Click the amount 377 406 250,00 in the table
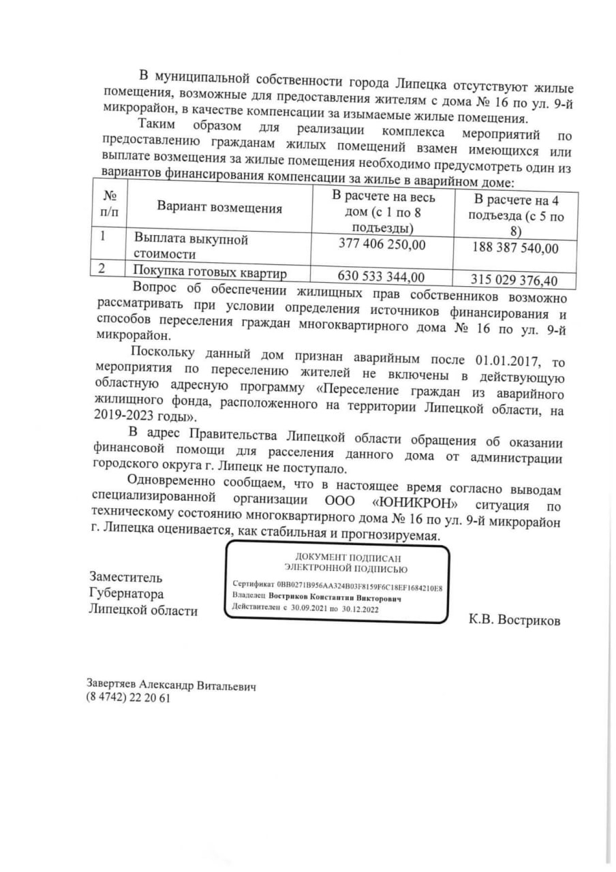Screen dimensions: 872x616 tap(382, 243)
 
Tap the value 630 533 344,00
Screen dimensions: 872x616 tap(382, 276)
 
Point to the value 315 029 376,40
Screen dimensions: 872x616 tap(514, 279)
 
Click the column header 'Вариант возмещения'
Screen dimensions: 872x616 tap(219, 208)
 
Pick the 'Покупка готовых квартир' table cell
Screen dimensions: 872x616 tap(210, 273)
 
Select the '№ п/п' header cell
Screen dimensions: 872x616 tap(108, 204)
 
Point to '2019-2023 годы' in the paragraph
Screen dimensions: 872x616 tap(142, 414)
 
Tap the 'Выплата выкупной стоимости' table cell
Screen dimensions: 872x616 tap(191, 247)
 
